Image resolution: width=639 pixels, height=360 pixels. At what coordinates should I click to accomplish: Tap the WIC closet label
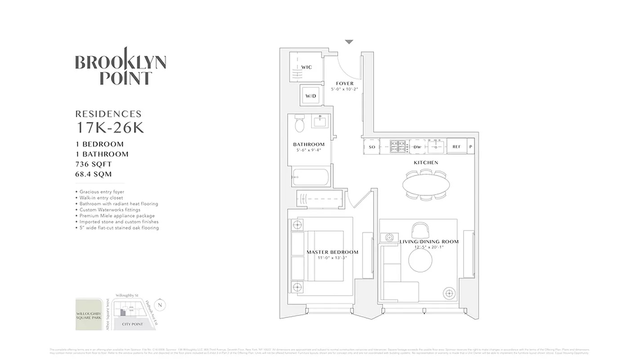[306, 67]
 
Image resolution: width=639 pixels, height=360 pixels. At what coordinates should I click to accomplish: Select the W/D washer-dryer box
[311, 96]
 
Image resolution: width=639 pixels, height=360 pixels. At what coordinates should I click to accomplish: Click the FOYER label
[345, 83]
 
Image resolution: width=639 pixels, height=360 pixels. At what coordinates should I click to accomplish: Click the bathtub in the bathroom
[311, 177]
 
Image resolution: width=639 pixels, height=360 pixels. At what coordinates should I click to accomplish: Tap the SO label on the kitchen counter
[372, 147]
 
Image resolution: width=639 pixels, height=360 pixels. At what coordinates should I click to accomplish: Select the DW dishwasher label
[417, 147]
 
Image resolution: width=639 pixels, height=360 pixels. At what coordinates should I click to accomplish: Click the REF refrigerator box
[456, 147]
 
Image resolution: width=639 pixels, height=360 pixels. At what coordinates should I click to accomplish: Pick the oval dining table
[425, 184]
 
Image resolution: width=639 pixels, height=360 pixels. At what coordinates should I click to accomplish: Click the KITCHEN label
[425, 162]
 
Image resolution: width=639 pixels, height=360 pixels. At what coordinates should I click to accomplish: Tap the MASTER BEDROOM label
[332, 252]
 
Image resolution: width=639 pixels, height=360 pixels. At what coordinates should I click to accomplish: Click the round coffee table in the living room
[421, 260]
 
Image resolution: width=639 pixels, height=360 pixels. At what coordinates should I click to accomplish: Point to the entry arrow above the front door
[349, 42]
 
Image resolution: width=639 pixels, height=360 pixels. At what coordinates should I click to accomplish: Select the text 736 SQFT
[94, 164]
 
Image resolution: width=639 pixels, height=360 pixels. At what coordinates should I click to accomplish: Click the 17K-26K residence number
[110, 128]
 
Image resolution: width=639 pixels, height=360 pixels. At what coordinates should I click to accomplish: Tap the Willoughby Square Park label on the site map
[89, 314]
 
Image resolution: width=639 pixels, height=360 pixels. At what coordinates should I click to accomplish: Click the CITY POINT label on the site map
[132, 324]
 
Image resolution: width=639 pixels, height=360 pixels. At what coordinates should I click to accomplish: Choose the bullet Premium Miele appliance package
[116, 216]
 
